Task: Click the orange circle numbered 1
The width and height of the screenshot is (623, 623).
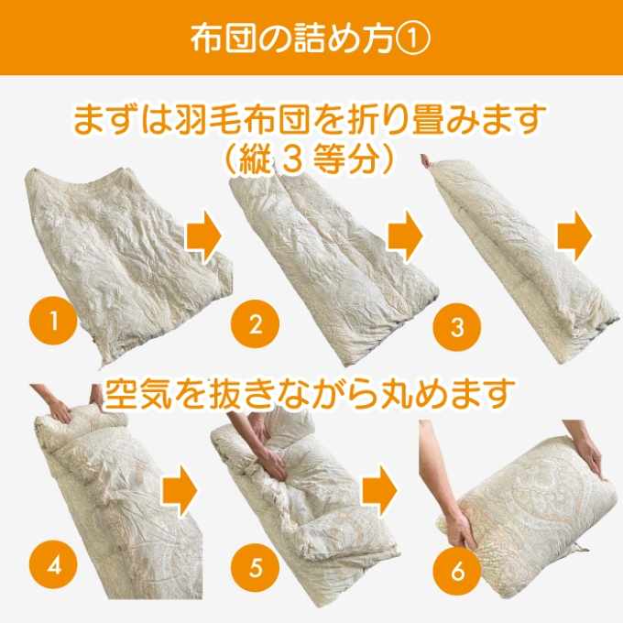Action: tap(53, 321)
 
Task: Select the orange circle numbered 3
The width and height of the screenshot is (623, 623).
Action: tap(457, 327)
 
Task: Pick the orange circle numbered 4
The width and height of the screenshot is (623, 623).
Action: tap(53, 565)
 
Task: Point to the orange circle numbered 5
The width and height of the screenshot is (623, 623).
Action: tap(256, 567)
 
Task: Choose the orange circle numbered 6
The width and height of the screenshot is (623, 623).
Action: tap(457, 572)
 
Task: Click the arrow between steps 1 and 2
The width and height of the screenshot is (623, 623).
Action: tap(203, 235)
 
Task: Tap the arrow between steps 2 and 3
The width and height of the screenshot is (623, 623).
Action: tap(405, 235)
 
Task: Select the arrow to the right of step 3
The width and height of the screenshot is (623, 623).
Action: tap(575, 235)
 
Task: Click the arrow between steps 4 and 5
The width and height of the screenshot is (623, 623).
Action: tap(180, 490)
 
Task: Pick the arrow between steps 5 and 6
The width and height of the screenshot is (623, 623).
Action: tap(379, 490)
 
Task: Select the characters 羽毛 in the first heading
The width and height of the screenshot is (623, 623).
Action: tap(207, 119)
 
